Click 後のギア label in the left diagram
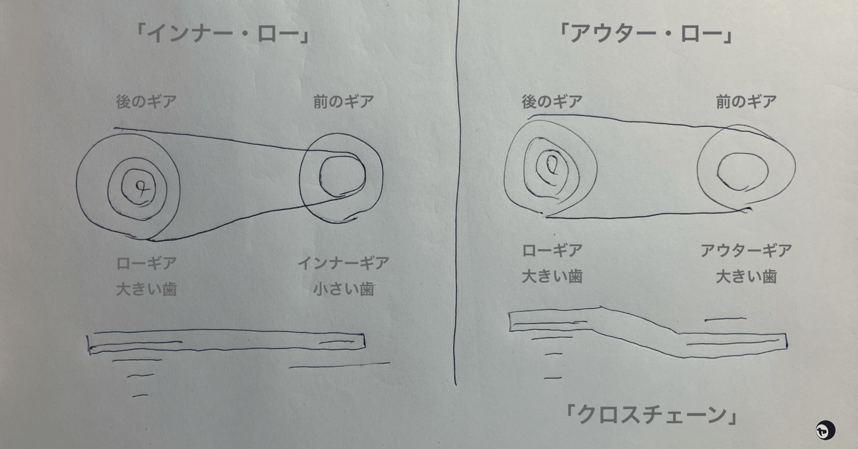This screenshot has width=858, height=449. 146,102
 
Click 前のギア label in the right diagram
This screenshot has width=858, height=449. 746,102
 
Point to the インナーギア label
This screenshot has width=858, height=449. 343,263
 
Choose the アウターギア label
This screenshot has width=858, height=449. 746,251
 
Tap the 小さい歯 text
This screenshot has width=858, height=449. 343,289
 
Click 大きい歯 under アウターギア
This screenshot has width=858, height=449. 746,277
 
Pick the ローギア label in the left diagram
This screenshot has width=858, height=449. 146,263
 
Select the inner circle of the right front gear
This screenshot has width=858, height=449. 742,171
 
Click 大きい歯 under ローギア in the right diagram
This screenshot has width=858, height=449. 552,277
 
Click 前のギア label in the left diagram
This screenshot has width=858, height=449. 343,102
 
